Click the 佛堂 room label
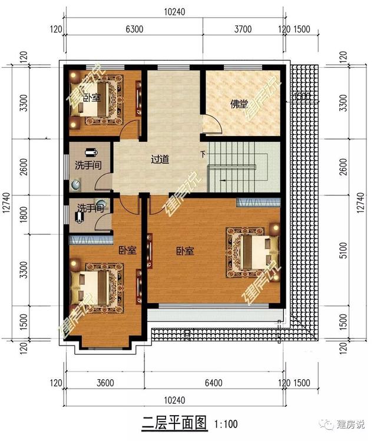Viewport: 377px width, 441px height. click(239, 104)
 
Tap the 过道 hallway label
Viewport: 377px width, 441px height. click(160, 159)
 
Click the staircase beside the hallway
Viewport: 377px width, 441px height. click(239, 167)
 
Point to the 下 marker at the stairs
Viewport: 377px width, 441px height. click(204, 155)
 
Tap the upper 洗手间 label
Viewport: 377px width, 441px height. click(87, 165)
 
